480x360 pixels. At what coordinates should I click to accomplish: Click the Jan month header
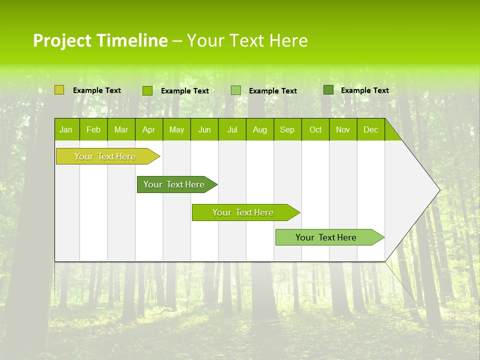click(66, 129)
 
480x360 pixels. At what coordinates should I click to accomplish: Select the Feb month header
click(93, 129)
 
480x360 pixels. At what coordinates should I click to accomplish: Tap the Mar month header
click(121, 129)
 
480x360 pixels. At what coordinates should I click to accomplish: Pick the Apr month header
click(149, 129)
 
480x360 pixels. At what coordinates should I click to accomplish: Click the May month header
click(176, 129)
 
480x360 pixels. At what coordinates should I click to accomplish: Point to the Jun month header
click(204, 129)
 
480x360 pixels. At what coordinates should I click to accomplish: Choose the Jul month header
click(232, 129)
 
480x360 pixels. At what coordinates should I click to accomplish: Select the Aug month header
click(260, 129)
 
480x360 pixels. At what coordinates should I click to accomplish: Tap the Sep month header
click(287, 129)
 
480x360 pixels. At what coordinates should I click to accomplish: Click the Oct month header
click(315, 129)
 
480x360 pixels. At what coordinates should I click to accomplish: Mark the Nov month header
click(343, 129)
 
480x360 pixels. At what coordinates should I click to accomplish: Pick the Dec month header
click(371, 129)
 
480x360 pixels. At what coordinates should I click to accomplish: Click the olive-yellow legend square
click(59, 90)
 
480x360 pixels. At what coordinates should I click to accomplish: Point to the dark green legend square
click(328, 90)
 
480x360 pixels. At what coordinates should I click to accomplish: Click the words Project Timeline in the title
click(100, 40)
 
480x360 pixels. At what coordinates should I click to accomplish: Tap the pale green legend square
click(236, 90)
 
